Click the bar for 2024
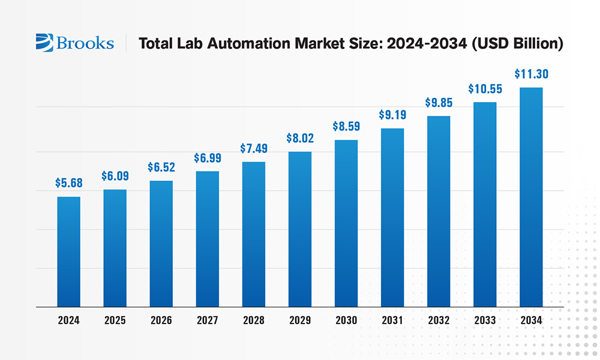click(68, 252)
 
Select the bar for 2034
click(531, 197)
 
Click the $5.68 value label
click(68, 182)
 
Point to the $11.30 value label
click(531, 74)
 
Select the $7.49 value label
click(254, 148)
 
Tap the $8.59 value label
click(346, 127)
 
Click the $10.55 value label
click(485, 89)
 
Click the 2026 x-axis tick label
click(161, 320)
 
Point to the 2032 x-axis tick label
click(439, 320)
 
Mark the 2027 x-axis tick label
click(207, 320)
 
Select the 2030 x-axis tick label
click(346, 320)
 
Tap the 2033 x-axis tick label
click(485, 320)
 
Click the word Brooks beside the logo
click(85, 43)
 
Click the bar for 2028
click(254, 235)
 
